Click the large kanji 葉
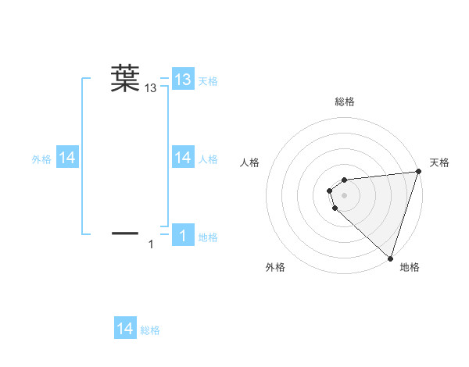click(125, 78)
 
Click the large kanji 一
click(125, 233)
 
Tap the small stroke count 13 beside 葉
click(151, 89)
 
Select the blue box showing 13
click(183, 80)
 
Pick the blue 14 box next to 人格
click(183, 158)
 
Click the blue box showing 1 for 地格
click(183, 236)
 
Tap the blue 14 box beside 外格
click(67, 158)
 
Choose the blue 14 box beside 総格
click(125, 329)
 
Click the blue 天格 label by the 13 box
click(208, 80)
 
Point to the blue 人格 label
click(208, 159)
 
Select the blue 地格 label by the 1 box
click(208, 237)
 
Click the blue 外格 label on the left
click(41, 159)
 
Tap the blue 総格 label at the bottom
click(150, 330)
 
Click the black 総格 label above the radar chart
click(345, 102)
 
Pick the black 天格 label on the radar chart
click(439, 162)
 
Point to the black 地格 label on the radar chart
click(410, 267)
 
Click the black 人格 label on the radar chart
click(249, 162)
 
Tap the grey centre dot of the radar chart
click(345, 195)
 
